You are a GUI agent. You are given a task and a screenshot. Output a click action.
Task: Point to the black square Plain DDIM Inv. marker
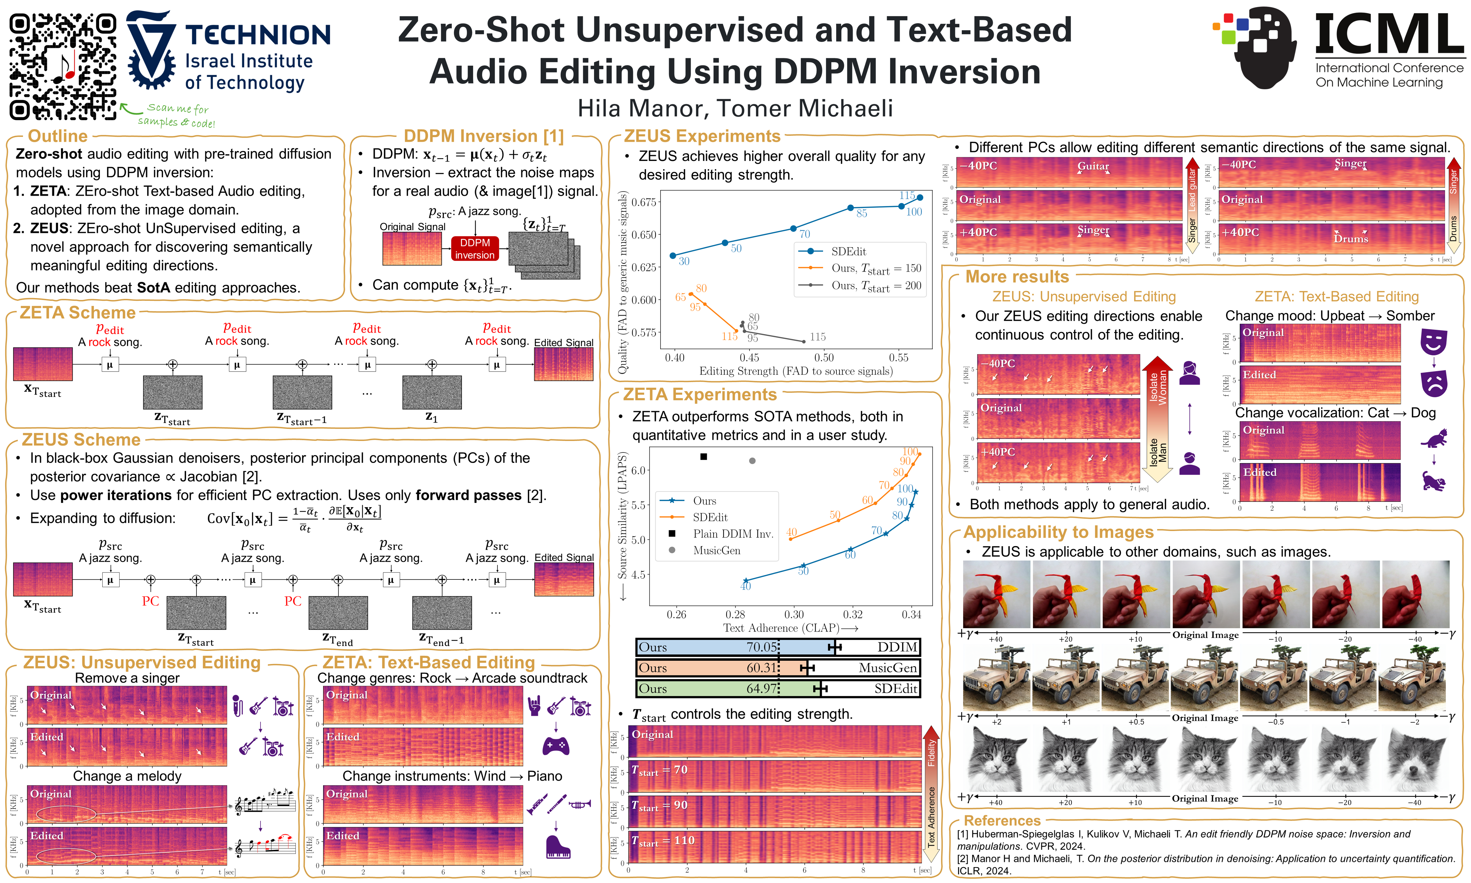[x=704, y=457]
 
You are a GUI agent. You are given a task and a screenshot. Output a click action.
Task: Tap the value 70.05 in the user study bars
[x=761, y=647]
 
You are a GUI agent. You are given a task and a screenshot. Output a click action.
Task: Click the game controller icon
[x=555, y=746]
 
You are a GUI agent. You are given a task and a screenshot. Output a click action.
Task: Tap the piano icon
[x=557, y=847]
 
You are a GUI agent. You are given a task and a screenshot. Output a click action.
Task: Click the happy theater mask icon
[x=1434, y=341]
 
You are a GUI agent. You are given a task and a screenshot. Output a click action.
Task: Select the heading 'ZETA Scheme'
[x=77, y=313]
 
